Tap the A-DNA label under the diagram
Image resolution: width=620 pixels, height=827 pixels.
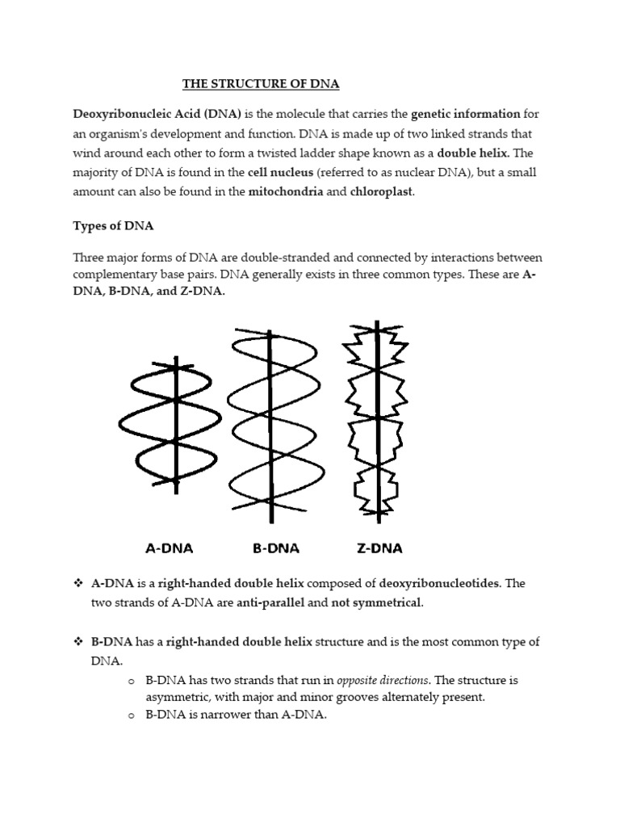click(169, 548)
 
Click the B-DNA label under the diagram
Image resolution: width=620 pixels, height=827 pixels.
click(275, 548)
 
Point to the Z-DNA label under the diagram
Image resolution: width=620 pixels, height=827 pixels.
click(379, 548)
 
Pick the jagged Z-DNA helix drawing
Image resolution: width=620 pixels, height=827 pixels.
click(374, 420)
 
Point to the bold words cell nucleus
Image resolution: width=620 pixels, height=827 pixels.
click(282, 172)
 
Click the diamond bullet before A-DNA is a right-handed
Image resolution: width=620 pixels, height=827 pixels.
click(79, 583)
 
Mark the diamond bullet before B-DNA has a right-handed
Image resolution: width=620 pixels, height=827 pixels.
click(79, 641)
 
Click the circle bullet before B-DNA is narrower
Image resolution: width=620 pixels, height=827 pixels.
click(130, 716)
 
